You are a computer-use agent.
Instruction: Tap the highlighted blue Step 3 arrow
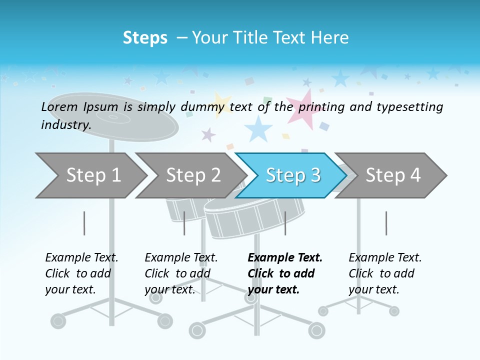click(x=292, y=175)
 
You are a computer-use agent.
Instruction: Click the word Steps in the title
click(x=145, y=37)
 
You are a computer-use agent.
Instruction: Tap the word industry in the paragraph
click(x=65, y=124)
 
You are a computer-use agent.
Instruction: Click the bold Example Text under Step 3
click(x=285, y=258)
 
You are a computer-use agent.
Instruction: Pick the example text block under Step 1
click(x=81, y=273)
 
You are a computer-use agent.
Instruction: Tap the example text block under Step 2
click(x=181, y=273)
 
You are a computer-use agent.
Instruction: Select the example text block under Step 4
click(x=385, y=273)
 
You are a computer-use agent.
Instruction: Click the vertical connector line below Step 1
click(x=84, y=223)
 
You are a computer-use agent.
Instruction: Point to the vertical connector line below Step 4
click(x=386, y=223)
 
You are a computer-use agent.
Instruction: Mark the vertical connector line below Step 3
click(x=285, y=223)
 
